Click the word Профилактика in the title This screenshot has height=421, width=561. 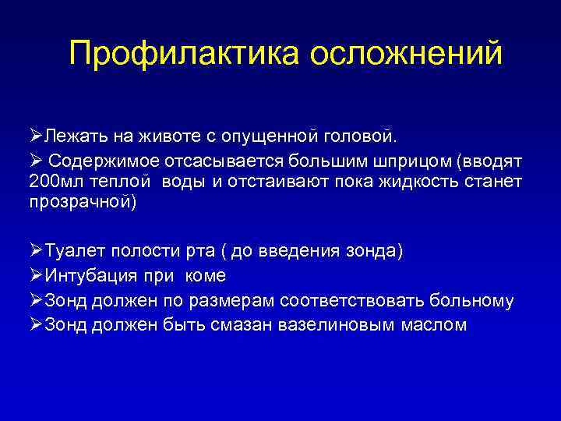click(x=184, y=55)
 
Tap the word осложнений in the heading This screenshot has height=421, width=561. click(x=406, y=55)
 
